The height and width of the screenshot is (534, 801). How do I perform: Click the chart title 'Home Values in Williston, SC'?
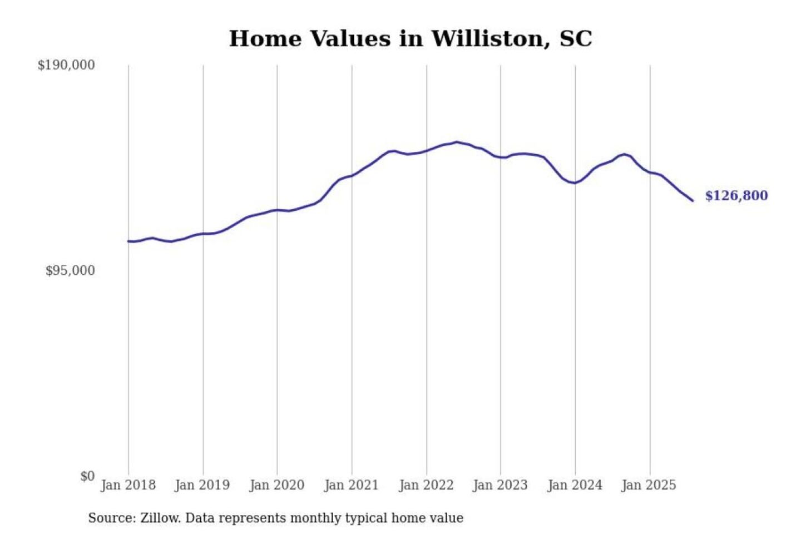click(x=411, y=39)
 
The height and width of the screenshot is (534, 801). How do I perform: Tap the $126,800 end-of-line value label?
click(x=736, y=196)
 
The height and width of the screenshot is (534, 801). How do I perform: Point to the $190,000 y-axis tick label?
click(x=66, y=65)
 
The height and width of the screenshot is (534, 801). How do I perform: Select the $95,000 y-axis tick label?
click(x=70, y=271)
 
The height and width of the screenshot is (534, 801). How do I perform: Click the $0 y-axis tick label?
click(x=87, y=476)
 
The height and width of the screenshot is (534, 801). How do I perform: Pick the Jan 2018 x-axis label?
click(x=128, y=485)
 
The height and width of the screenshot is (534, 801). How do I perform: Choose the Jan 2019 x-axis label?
click(x=202, y=485)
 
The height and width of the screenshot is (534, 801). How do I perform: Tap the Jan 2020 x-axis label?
click(x=276, y=485)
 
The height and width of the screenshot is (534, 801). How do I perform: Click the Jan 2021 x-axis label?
click(x=351, y=485)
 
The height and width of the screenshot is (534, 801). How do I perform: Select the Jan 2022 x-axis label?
click(x=426, y=485)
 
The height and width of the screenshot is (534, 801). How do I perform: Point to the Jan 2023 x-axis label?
click(x=500, y=485)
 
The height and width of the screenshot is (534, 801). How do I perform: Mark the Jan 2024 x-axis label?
click(x=575, y=485)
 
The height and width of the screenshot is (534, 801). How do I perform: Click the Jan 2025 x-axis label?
click(x=649, y=485)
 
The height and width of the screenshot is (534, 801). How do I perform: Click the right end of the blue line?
click(x=693, y=200)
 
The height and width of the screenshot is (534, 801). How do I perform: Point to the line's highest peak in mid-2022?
click(x=457, y=142)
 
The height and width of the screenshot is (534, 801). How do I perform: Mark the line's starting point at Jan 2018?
click(x=128, y=241)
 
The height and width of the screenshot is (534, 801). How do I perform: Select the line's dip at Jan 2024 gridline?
click(x=575, y=182)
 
